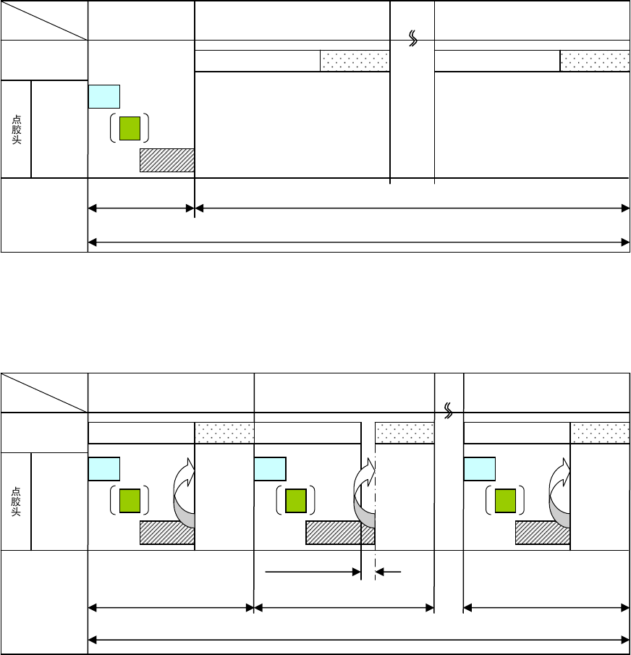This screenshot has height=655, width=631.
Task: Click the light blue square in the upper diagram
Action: coord(103,96)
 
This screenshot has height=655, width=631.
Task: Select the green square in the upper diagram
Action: coord(130,127)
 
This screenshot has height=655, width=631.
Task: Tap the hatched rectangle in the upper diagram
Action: coord(167,160)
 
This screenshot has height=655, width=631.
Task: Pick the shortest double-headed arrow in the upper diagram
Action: coord(141,209)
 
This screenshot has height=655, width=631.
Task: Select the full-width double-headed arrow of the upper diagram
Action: coord(358,242)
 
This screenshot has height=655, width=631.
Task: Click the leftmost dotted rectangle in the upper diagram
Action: coord(355,62)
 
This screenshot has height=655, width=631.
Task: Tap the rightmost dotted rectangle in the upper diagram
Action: coord(594,62)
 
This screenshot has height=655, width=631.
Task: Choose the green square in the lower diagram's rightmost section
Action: coord(505,500)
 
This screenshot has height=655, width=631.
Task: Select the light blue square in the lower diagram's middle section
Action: coord(270,469)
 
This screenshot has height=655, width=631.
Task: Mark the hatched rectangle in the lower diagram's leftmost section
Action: coord(166,533)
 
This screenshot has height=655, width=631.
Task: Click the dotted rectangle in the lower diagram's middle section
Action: coord(404,433)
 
